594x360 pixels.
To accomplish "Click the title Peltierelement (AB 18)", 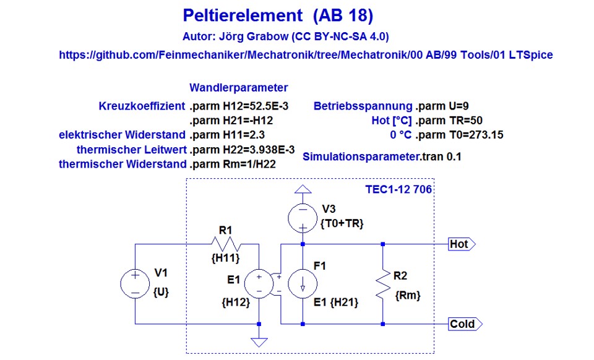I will pyautogui.click(x=278, y=15).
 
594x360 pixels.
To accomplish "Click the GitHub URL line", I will pyautogui.click(x=306, y=55).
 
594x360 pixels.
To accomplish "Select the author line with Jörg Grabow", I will pyautogui.click(x=285, y=36).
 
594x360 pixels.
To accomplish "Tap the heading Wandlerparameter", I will pyautogui.click(x=238, y=88).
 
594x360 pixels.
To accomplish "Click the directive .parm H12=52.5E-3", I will pyautogui.click(x=239, y=106).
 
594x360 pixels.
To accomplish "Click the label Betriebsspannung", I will pyautogui.click(x=363, y=106).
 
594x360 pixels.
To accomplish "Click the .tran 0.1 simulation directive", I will pyautogui.click(x=441, y=156).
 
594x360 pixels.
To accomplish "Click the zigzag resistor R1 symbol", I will pyautogui.click(x=225, y=244).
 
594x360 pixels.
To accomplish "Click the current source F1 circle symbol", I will pyautogui.click(x=303, y=283).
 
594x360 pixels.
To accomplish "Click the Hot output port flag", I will pyautogui.click(x=461, y=244).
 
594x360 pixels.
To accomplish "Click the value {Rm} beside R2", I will pyautogui.click(x=407, y=296).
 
